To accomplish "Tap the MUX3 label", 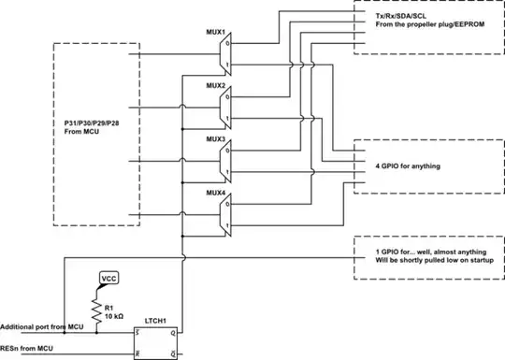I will tap(217, 137).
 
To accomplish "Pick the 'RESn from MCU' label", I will tap(25, 348).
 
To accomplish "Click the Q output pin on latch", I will tap(176, 331).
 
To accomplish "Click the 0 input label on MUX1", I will tap(229, 41).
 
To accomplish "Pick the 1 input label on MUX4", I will tap(229, 223).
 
